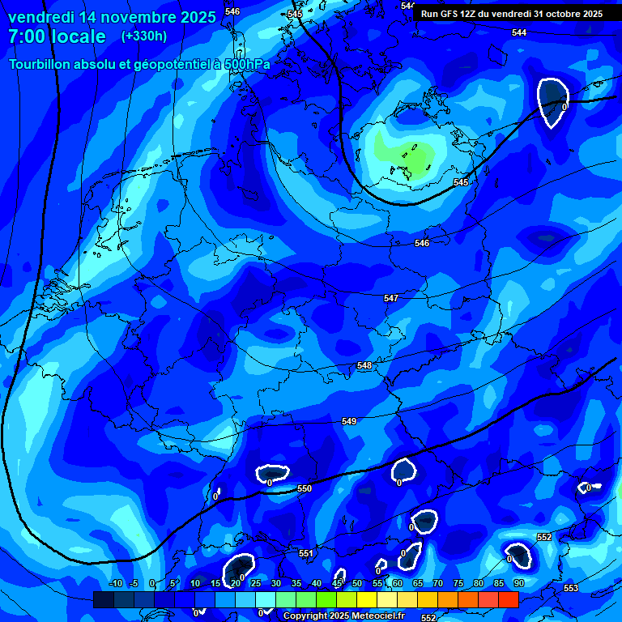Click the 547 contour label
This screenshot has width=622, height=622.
coord(391,299)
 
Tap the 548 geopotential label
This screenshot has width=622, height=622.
coord(364,366)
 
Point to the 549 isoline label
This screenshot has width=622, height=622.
coord(349,422)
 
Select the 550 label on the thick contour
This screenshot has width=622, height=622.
coord(305,488)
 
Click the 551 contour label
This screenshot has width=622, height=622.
coord(305,554)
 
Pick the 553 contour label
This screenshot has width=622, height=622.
coord(571,588)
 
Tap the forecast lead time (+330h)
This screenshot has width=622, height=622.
coord(143,36)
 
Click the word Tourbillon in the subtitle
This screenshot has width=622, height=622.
coord(43,65)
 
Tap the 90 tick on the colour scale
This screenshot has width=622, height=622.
coord(518,584)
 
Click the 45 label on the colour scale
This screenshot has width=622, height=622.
coord(337,584)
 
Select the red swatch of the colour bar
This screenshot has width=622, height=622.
coord(509,599)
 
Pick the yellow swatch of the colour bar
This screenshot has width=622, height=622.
coord(367,599)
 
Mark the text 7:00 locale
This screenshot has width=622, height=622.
coord(57,36)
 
